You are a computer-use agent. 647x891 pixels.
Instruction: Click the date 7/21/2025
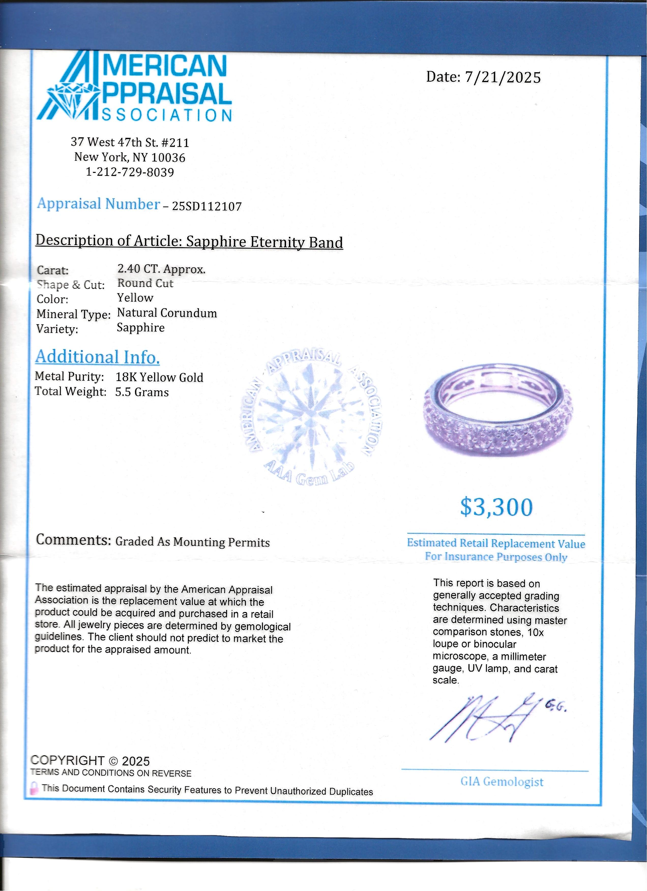click(503, 77)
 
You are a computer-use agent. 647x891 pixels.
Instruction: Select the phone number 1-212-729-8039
click(130, 172)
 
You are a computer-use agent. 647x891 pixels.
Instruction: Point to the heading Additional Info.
click(97, 357)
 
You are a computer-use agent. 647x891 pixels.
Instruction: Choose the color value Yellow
click(135, 298)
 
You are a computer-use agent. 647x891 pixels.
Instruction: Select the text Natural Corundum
click(167, 313)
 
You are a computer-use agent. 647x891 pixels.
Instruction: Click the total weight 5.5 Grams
click(142, 392)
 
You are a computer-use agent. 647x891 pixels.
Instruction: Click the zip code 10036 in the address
click(168, 158)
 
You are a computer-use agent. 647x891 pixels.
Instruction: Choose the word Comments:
click(73, 540)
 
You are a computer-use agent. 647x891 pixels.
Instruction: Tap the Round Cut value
click(145, 283)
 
